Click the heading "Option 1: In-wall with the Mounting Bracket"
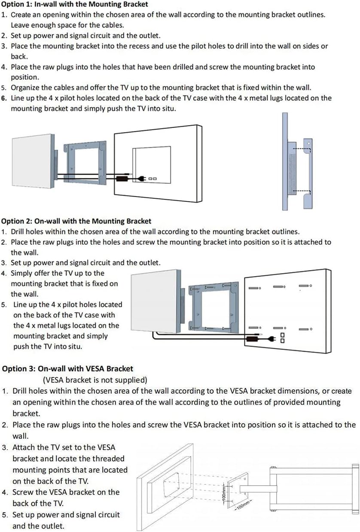pos(75,4)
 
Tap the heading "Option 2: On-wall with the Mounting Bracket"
pos(76,221)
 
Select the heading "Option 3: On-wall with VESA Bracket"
pos(68,368)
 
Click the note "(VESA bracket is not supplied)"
pos(95,380)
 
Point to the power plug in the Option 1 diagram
pos(140,177)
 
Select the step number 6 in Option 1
pos(4,98)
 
